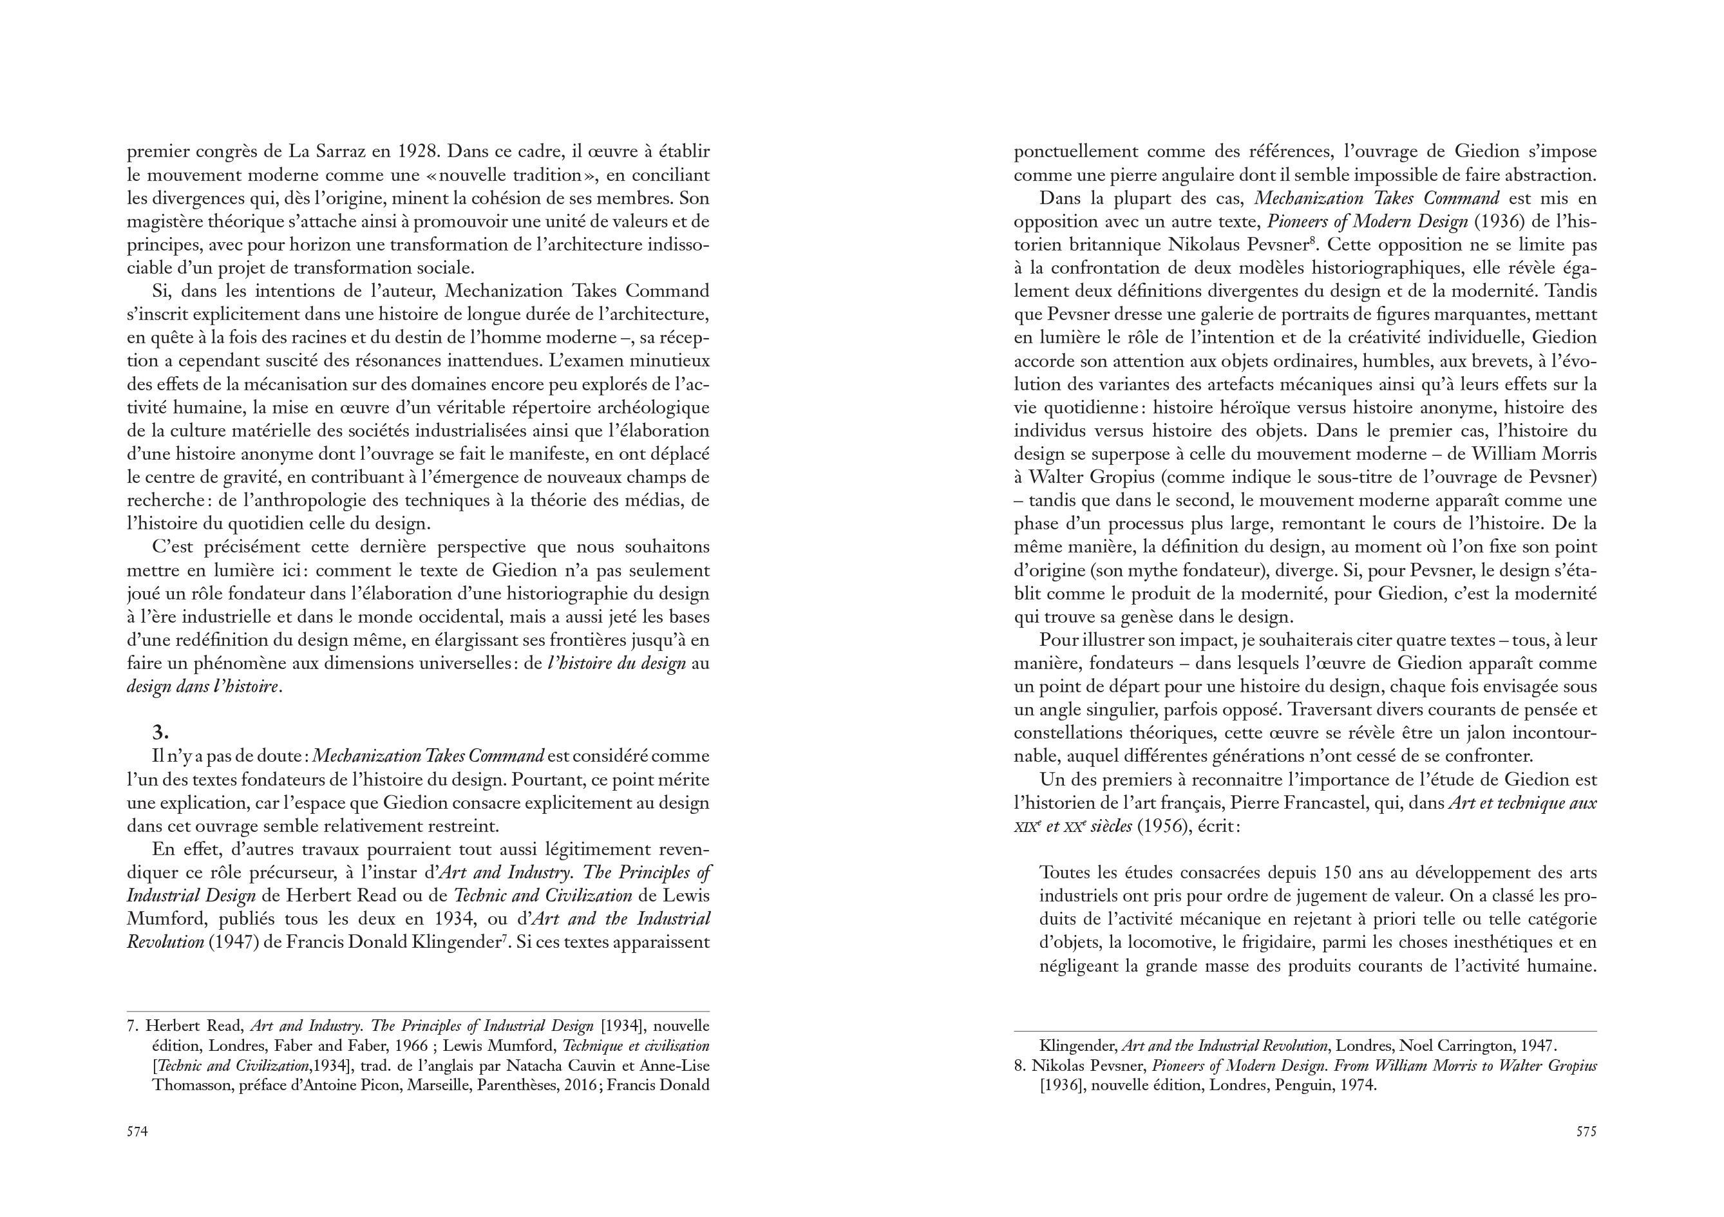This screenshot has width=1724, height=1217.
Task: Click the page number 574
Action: (137, 1131)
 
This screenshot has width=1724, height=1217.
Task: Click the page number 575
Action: (1586, 1131)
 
